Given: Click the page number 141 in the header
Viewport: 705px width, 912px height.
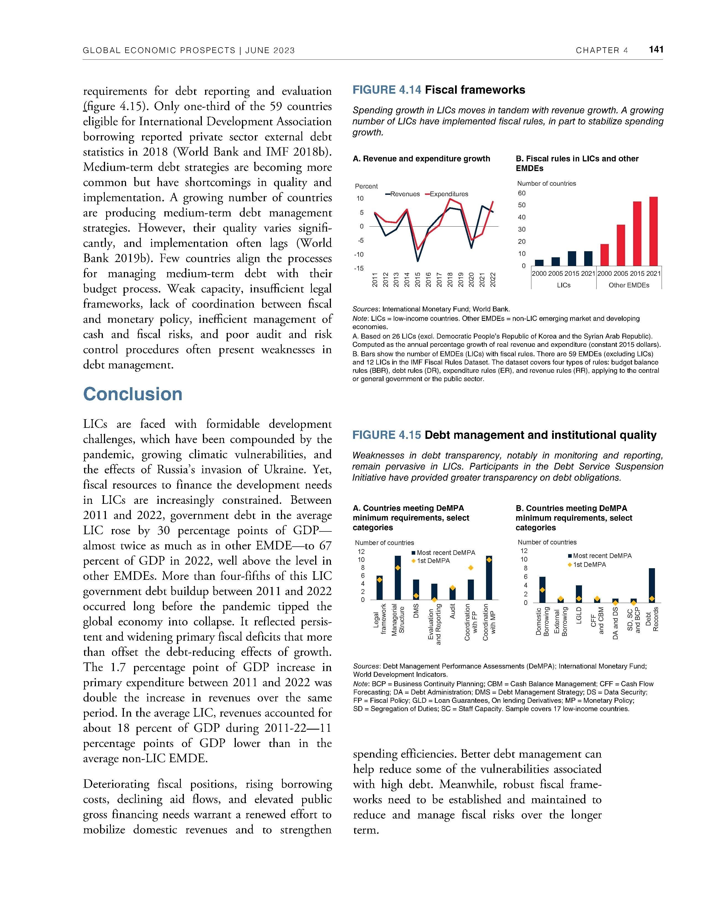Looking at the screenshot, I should tap(656, 50).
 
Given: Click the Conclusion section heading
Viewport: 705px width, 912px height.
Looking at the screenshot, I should tap(133, 394).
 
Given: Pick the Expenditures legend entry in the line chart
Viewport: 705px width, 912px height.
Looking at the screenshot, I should tap(446, 194).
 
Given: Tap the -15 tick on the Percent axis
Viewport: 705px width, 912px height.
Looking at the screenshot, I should tap(359, 268).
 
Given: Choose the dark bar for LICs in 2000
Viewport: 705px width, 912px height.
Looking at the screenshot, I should tap(539, 263).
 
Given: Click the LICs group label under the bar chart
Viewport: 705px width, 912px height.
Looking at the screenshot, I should tap(563, 285).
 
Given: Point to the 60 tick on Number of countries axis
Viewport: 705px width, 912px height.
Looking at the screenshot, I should tap(522, 193).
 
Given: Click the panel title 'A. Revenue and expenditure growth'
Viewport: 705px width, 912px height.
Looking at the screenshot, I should tap(421, 159).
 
